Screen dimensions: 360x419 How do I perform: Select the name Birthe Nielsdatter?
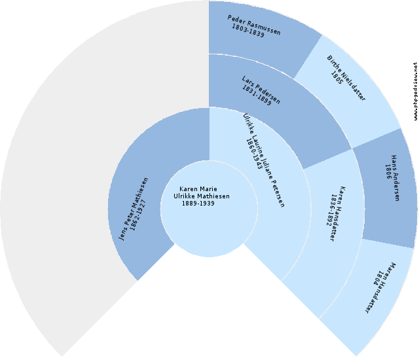tap(346, 78)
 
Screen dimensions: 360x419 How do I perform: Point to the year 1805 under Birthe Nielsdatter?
tap(337, 77)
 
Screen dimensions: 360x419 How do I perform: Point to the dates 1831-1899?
tap(256, 96)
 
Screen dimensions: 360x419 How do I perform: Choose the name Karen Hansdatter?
tap(339, 213)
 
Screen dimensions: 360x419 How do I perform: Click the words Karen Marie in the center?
tap(198, 189)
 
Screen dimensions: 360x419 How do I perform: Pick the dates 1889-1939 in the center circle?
tap(198, 204)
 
